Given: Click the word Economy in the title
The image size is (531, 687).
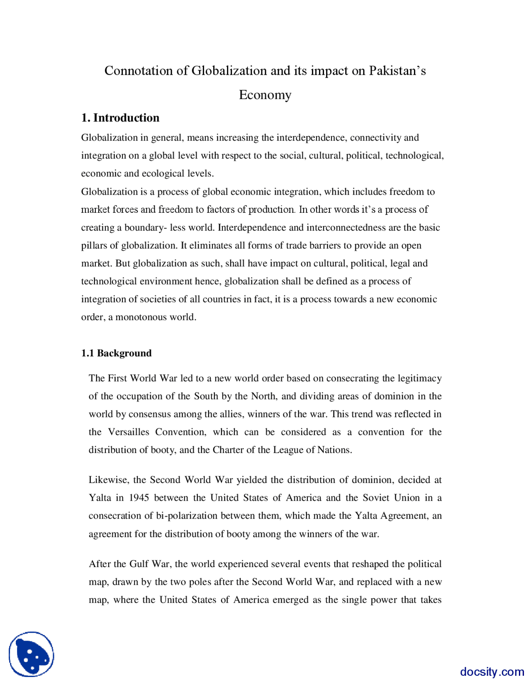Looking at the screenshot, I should tap(265, 95).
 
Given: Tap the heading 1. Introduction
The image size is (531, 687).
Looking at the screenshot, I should tap(120, 118).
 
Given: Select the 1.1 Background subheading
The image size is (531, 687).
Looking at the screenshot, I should tap(116, 353).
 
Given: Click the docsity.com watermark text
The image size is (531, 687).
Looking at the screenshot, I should tap(492, 672).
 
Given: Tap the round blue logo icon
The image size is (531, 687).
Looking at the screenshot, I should tap(32, 654).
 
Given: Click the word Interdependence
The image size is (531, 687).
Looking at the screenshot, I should tap(252, 228).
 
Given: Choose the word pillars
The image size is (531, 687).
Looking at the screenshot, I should tap(94, 246).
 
